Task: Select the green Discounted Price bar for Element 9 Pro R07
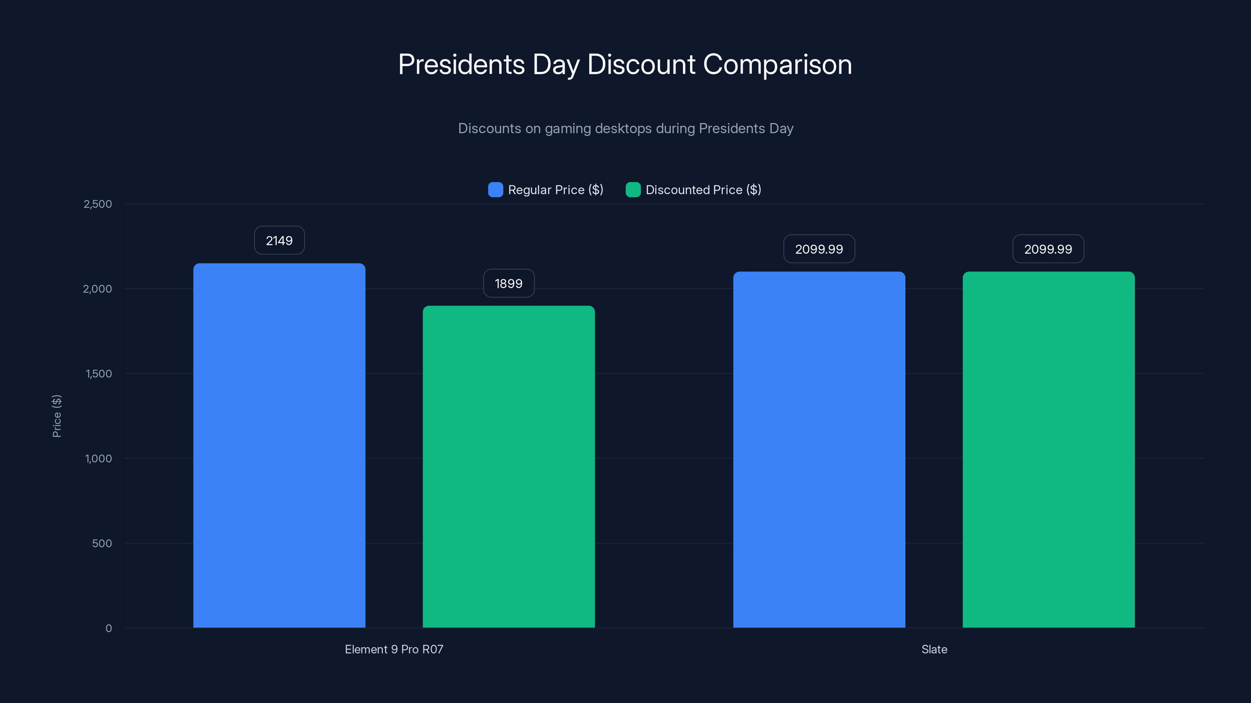pyautogui.click(x=509, y=466)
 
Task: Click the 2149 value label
pyautogui.click(x=279, y=241)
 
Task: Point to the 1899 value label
pyautogui.click(x=509, y=283)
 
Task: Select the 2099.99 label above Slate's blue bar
pyautogui.click(x=819, y=249)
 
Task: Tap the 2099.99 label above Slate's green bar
pyautogui.click(x=1048, y=249)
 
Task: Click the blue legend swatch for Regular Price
pyautogui.click(x=495, y=190)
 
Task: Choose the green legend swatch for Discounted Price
pyautogui.click(x=633, y=190)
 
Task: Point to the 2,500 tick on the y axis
pyautogui.click(x=98, y=204)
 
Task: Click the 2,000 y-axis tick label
pyautogui.click(x=98, y=289)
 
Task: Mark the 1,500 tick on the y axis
pyautogui.click(x=99, y=374)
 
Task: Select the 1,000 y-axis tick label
pyautogui.click(x=99, y=459)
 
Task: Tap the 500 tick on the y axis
pyautogui.click(x=102, y=543)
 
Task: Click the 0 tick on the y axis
pyautogui.click(x=109, y=628)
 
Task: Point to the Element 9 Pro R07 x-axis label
pyautogui.click(x=394, y=649)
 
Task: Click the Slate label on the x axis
pyautogui.click(x=934, y=649)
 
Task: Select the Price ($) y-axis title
pyautogui.click(x=57, y=416)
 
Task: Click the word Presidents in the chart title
pyautogui.click(x=461, y=64)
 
